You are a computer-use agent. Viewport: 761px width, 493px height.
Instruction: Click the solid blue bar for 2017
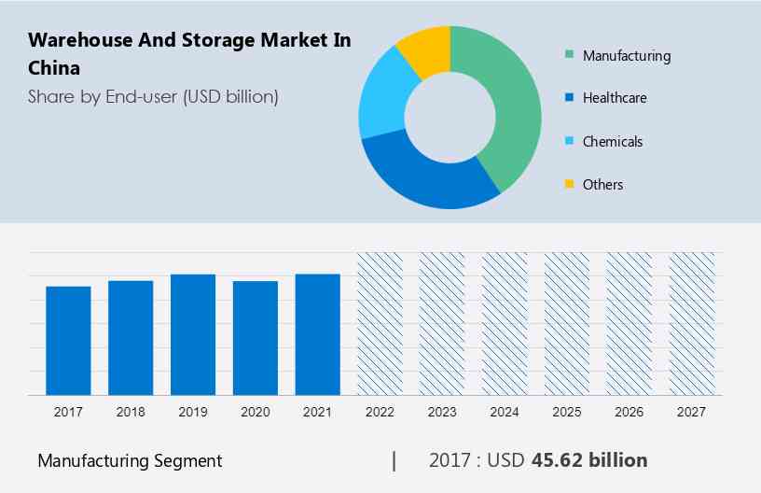[x=68, y=340]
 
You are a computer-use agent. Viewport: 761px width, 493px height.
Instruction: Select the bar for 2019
[x=193, y=334]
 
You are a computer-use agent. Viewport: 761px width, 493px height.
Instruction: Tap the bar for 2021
[x=318, y=334]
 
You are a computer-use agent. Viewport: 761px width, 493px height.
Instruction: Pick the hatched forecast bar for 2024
[x=505, y=323]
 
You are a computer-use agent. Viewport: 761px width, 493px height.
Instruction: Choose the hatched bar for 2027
[x=692, y=323]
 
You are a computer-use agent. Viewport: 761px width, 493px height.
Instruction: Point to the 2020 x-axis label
[x=256, y=412]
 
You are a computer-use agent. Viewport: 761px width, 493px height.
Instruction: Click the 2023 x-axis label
[x=442, y=412]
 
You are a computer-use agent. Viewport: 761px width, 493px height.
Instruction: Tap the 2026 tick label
[x=630, y=412]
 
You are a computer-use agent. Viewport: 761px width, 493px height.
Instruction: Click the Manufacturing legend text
[x=626, y=56]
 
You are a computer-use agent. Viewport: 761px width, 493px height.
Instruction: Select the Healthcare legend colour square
[x=568, y=98]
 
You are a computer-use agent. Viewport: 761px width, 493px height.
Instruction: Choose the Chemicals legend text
[x=613, y=142]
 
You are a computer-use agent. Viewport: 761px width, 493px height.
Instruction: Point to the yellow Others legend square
[x=568, y=185]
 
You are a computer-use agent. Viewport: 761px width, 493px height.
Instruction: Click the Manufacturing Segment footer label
[x=130, y=460]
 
